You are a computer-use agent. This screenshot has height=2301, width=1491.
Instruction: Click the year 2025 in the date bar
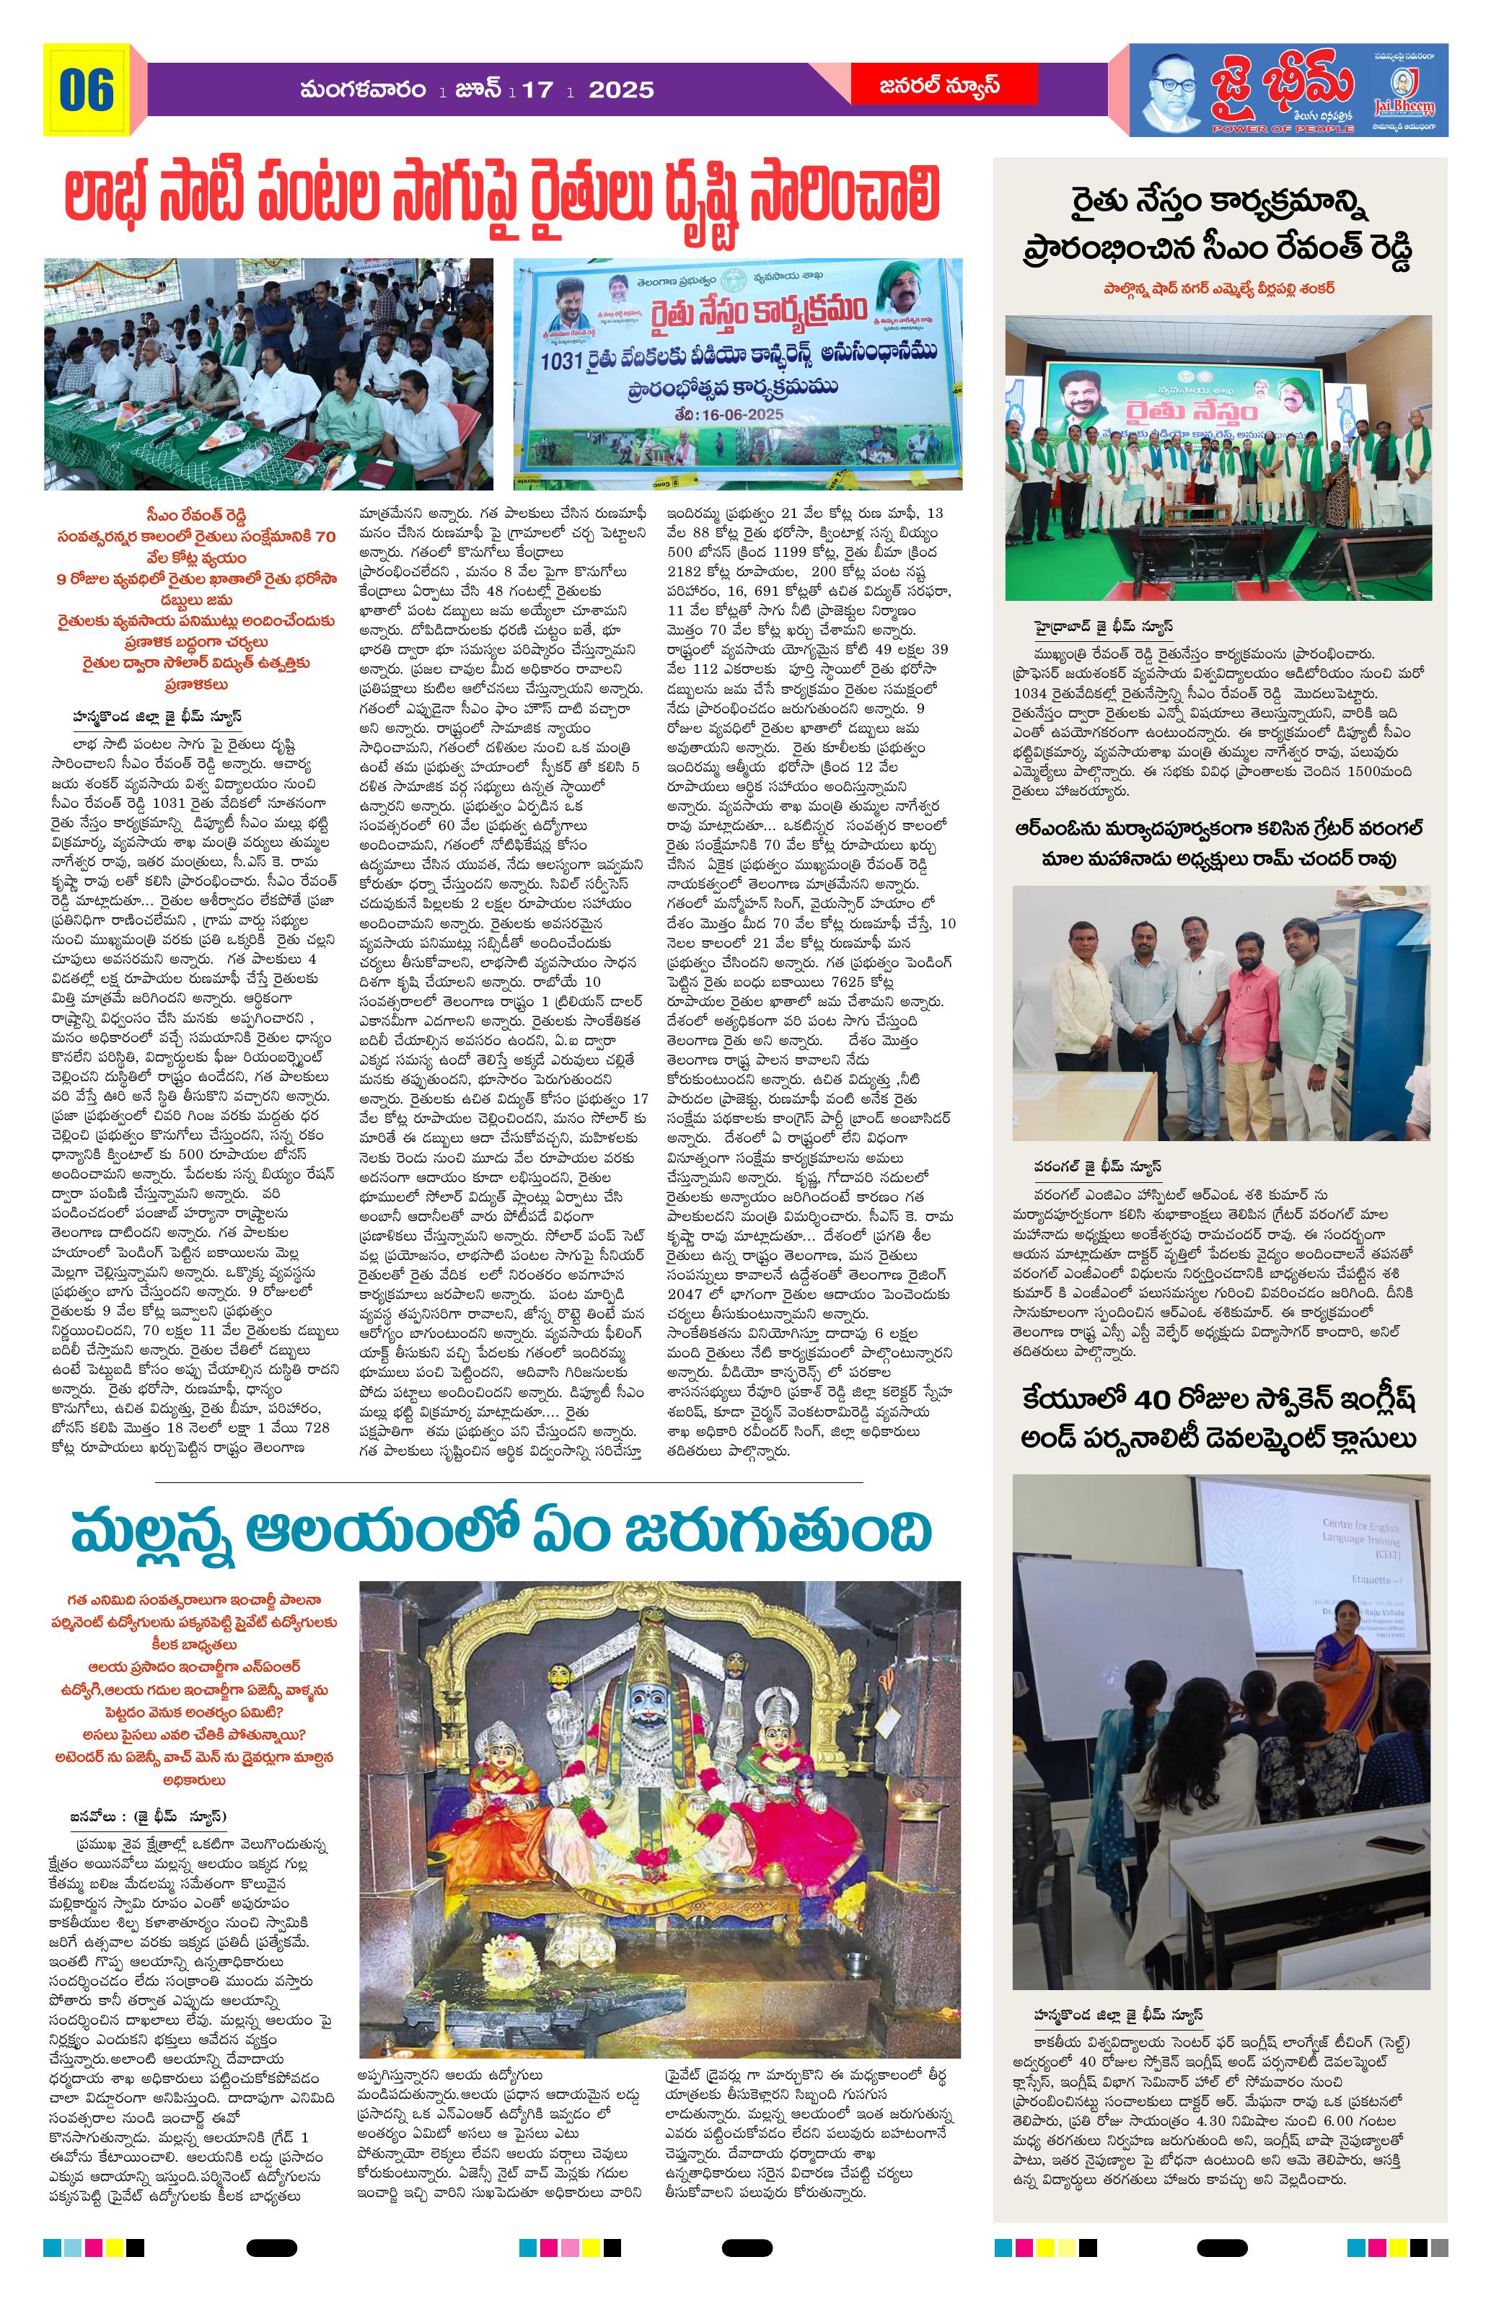tap(621, 90)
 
